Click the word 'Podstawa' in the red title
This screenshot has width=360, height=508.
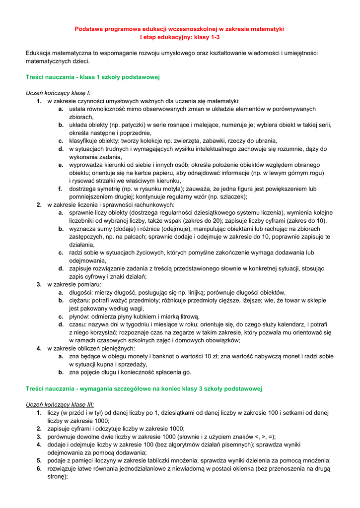click(87, 29)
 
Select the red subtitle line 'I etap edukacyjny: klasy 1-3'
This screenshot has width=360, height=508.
click(179, 37)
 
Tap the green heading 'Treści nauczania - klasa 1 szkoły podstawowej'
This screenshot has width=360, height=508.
click(92, 77)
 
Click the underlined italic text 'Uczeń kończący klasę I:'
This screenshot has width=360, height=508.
click(58, 93)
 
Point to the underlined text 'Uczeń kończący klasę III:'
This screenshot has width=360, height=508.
click(60, 404)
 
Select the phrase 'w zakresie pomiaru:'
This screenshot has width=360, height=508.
click(74, 284)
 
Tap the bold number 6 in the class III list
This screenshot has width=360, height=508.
click(39, 468)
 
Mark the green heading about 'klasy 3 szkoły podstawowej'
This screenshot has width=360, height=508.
click(144, 388)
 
